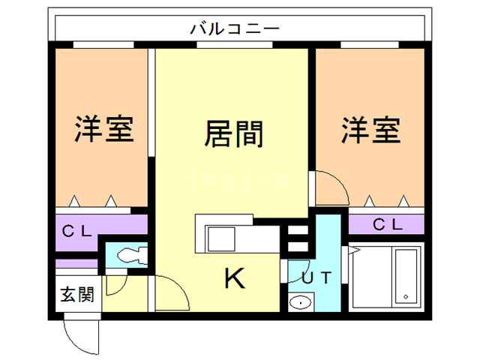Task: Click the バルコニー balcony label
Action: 235,29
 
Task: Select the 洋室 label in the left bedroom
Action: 103,129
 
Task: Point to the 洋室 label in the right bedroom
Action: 370,129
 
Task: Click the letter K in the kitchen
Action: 235,280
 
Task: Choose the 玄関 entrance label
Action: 77,295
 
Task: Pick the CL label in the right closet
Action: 388,223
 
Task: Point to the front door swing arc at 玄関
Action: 79,334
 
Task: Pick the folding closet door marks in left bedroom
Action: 94,201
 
